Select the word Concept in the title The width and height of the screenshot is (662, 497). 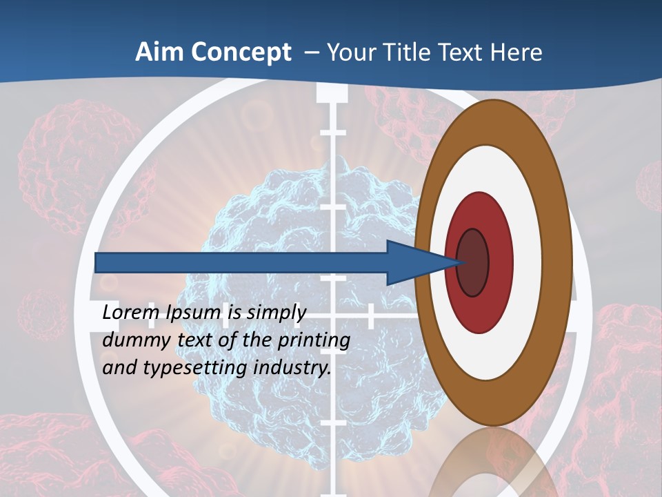tap(240, 52)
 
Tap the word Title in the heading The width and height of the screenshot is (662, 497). tap(401, 52)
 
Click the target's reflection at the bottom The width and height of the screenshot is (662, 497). tap(493, 462)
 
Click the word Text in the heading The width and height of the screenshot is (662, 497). tap(458, 52)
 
